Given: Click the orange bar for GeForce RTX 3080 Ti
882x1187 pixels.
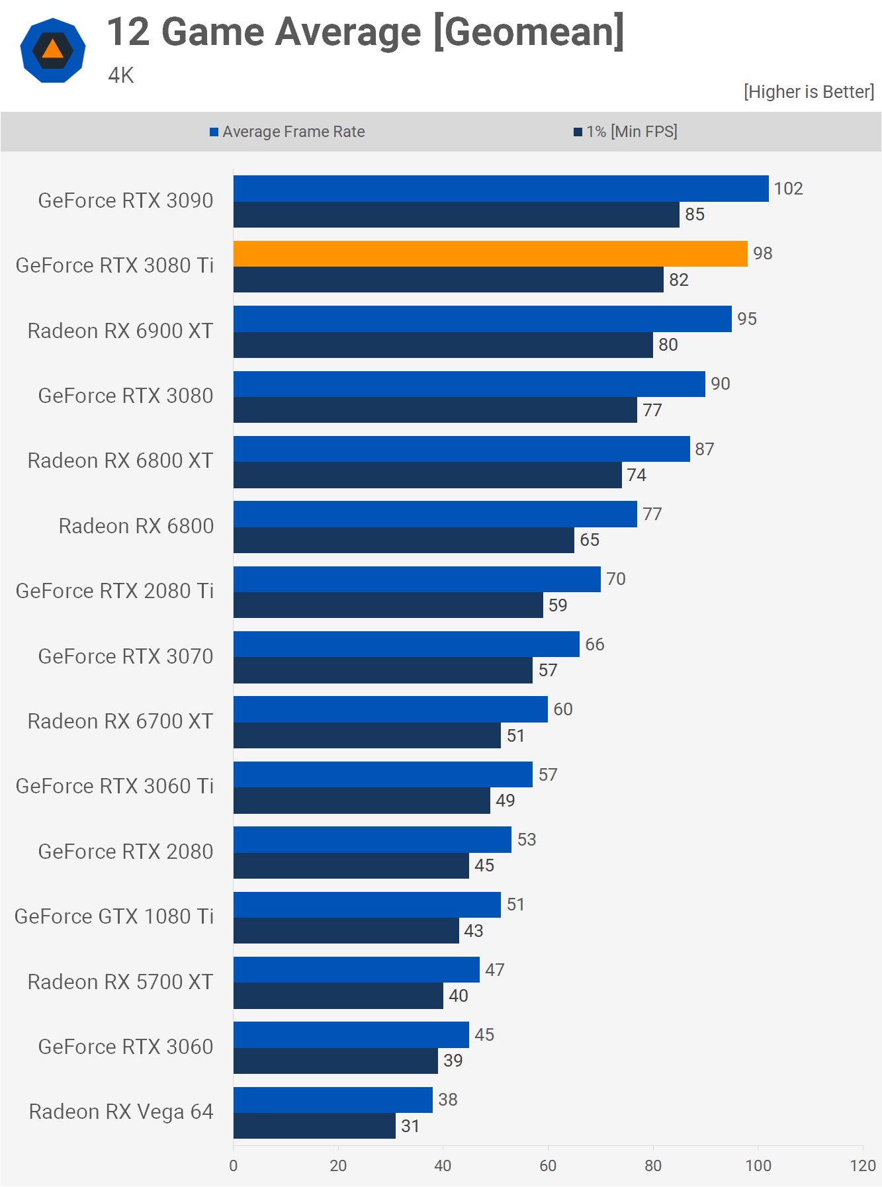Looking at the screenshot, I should pyautogui.click(x=490, y=253).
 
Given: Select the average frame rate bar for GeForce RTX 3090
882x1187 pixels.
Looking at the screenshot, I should pyautogui.click(x=500, y=189).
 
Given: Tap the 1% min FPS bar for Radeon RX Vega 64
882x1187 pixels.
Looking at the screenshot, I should pyautogui.click(x=314, y=1126).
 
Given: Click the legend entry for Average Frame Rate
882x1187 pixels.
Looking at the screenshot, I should pyautogui.click(x=288, y=132).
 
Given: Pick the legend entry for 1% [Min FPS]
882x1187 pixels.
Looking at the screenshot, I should pyautogui.click(x=626, y=132).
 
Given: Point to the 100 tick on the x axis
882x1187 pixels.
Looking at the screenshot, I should pyautogui.click(x=758, y=1166).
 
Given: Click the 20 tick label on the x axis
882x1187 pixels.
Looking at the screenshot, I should pyautogui.click(x=338, y=1166).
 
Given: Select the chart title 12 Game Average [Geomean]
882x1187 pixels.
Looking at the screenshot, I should pyautogui.click(x=365, y=32).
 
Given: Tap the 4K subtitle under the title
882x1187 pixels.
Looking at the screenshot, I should pyautogui.click(x=121, y=75).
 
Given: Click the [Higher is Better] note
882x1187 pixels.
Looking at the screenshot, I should pyautogui.click(x=809, y=92).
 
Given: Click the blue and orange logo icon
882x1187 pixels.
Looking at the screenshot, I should pyautogui.click(x=53, y=50).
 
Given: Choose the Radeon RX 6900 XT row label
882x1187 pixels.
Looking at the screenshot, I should pyautogui.click(x=120, y=331).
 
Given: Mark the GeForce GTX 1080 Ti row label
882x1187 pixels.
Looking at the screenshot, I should pyautogui.click(x=114, y=916).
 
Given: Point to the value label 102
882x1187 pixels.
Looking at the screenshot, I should pyautogui.click(x=788, y=189).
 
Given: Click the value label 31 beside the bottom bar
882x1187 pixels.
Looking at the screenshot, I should pyautogui.click(x=410, y=1126).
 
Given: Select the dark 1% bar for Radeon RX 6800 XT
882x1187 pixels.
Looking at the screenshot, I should pyautogui.click(x=427, y=475).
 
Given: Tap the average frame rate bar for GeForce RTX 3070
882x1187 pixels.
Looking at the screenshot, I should pyautogui.click(x=406, y=644).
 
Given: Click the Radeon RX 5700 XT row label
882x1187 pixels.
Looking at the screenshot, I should pyautogui.click(x=120, y=982).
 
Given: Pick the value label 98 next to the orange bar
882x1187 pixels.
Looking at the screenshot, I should pyautogui.click(x=762, y=253).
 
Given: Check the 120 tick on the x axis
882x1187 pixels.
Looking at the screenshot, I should pyautogui.click(x=863, y=1166).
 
